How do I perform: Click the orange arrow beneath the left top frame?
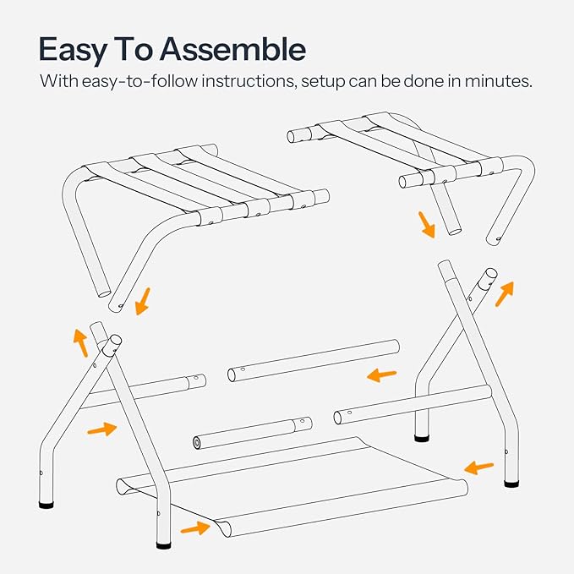point(142,299)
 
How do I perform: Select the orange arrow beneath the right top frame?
point(428,226)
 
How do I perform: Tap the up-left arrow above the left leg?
point(79,342)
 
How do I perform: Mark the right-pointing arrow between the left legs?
point(101,429)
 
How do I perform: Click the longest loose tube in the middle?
point(313,361)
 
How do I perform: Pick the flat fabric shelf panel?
point(296,489)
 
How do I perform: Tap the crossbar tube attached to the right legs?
point(412,405)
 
